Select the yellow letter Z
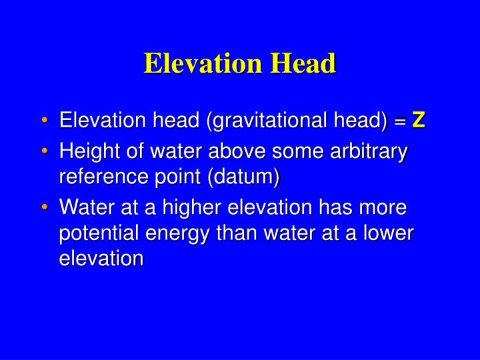419,121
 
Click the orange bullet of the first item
45,122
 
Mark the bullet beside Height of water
45,153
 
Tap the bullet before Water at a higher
45,208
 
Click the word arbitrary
371,153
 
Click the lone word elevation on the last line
101,258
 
